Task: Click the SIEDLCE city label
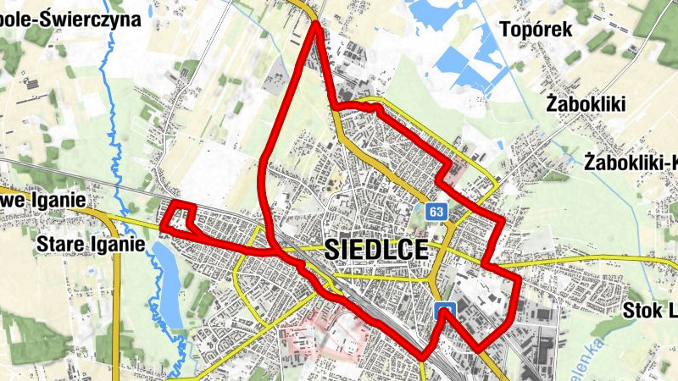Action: click(x=374, y=251)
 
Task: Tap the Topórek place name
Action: click(x=536, y=29)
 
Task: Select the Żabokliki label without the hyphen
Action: click(x=586, y=104)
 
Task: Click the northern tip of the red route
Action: click(x=315, y=25)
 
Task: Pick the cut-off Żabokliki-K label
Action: click(x=632, y=161)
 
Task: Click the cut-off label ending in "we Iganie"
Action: click(x=44, y=199)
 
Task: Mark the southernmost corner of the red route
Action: click(x=422, y=356)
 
